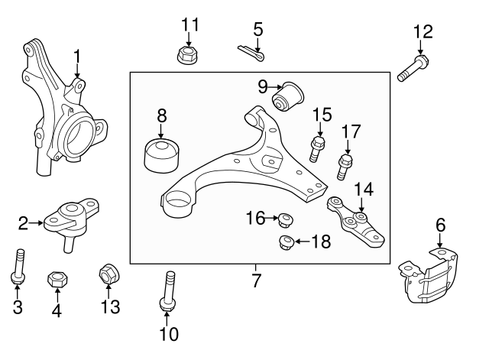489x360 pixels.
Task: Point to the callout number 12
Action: click(423, 32)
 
